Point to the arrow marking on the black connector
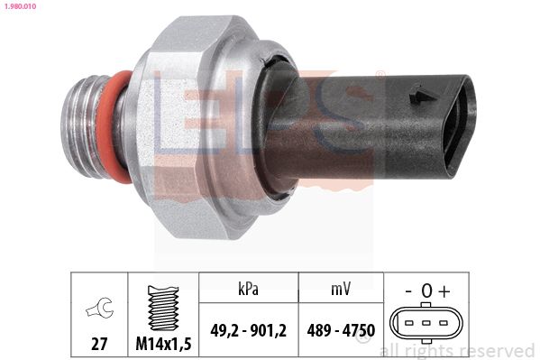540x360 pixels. pyautogui.click(x=417, y=94)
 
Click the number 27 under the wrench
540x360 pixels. pyautogui.click(x=98, y=344)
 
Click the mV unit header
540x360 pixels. pyautogui.click(x=339, y=289)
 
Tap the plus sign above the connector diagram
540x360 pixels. pyautogui.click(x=444, y=291)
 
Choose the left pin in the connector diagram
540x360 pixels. pyautogui.click(x=408, y=322)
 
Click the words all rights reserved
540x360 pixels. pyautogui.click(x=457, y=350)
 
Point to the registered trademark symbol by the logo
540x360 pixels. pyautogui.click(x=380, y=75)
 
